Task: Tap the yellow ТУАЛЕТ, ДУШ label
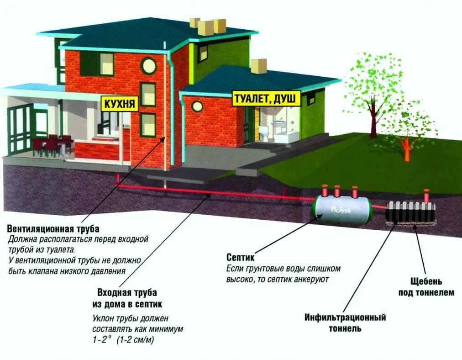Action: [266, 98]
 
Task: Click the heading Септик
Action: [240, 257]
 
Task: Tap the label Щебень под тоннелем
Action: [426, 287]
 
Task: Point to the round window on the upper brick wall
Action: [148, 66]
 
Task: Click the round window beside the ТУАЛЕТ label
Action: [197, 106]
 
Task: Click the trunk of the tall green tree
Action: [374, 121]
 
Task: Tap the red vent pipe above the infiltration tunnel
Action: [426, 196]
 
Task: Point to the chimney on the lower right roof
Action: [258, 66]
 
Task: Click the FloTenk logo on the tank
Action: [341, 210]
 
